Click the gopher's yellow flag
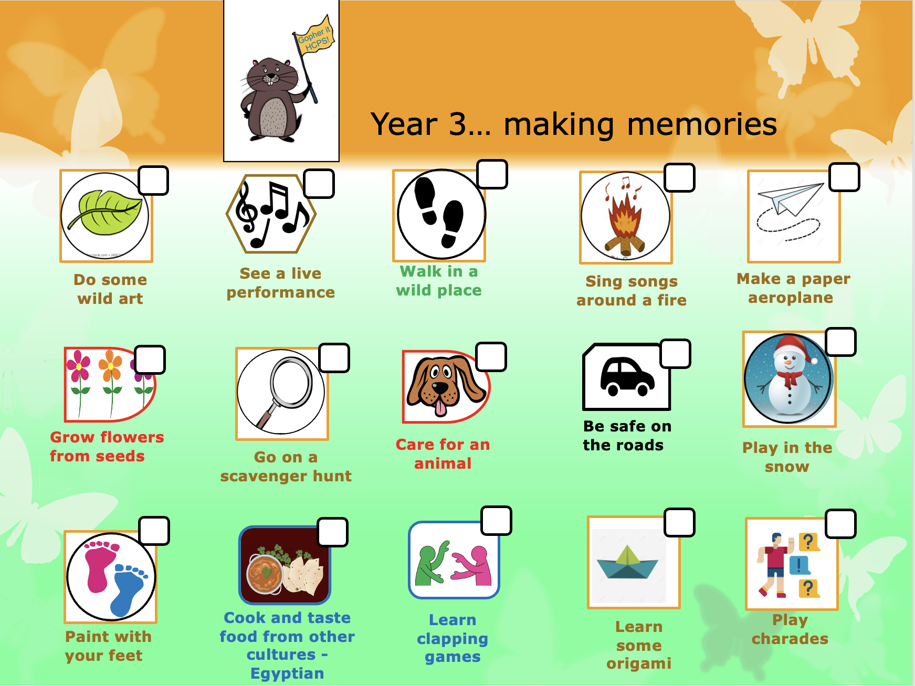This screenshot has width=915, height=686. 314,36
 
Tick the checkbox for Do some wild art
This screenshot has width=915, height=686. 153,181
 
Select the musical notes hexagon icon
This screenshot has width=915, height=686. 271,214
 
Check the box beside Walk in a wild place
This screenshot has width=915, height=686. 492,174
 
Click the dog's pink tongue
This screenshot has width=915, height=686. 441,407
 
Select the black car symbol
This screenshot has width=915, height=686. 627,376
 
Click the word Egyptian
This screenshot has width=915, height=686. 287,673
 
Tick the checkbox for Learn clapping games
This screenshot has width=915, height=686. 497,521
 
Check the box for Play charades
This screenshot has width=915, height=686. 841,524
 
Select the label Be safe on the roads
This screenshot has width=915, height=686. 627,436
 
